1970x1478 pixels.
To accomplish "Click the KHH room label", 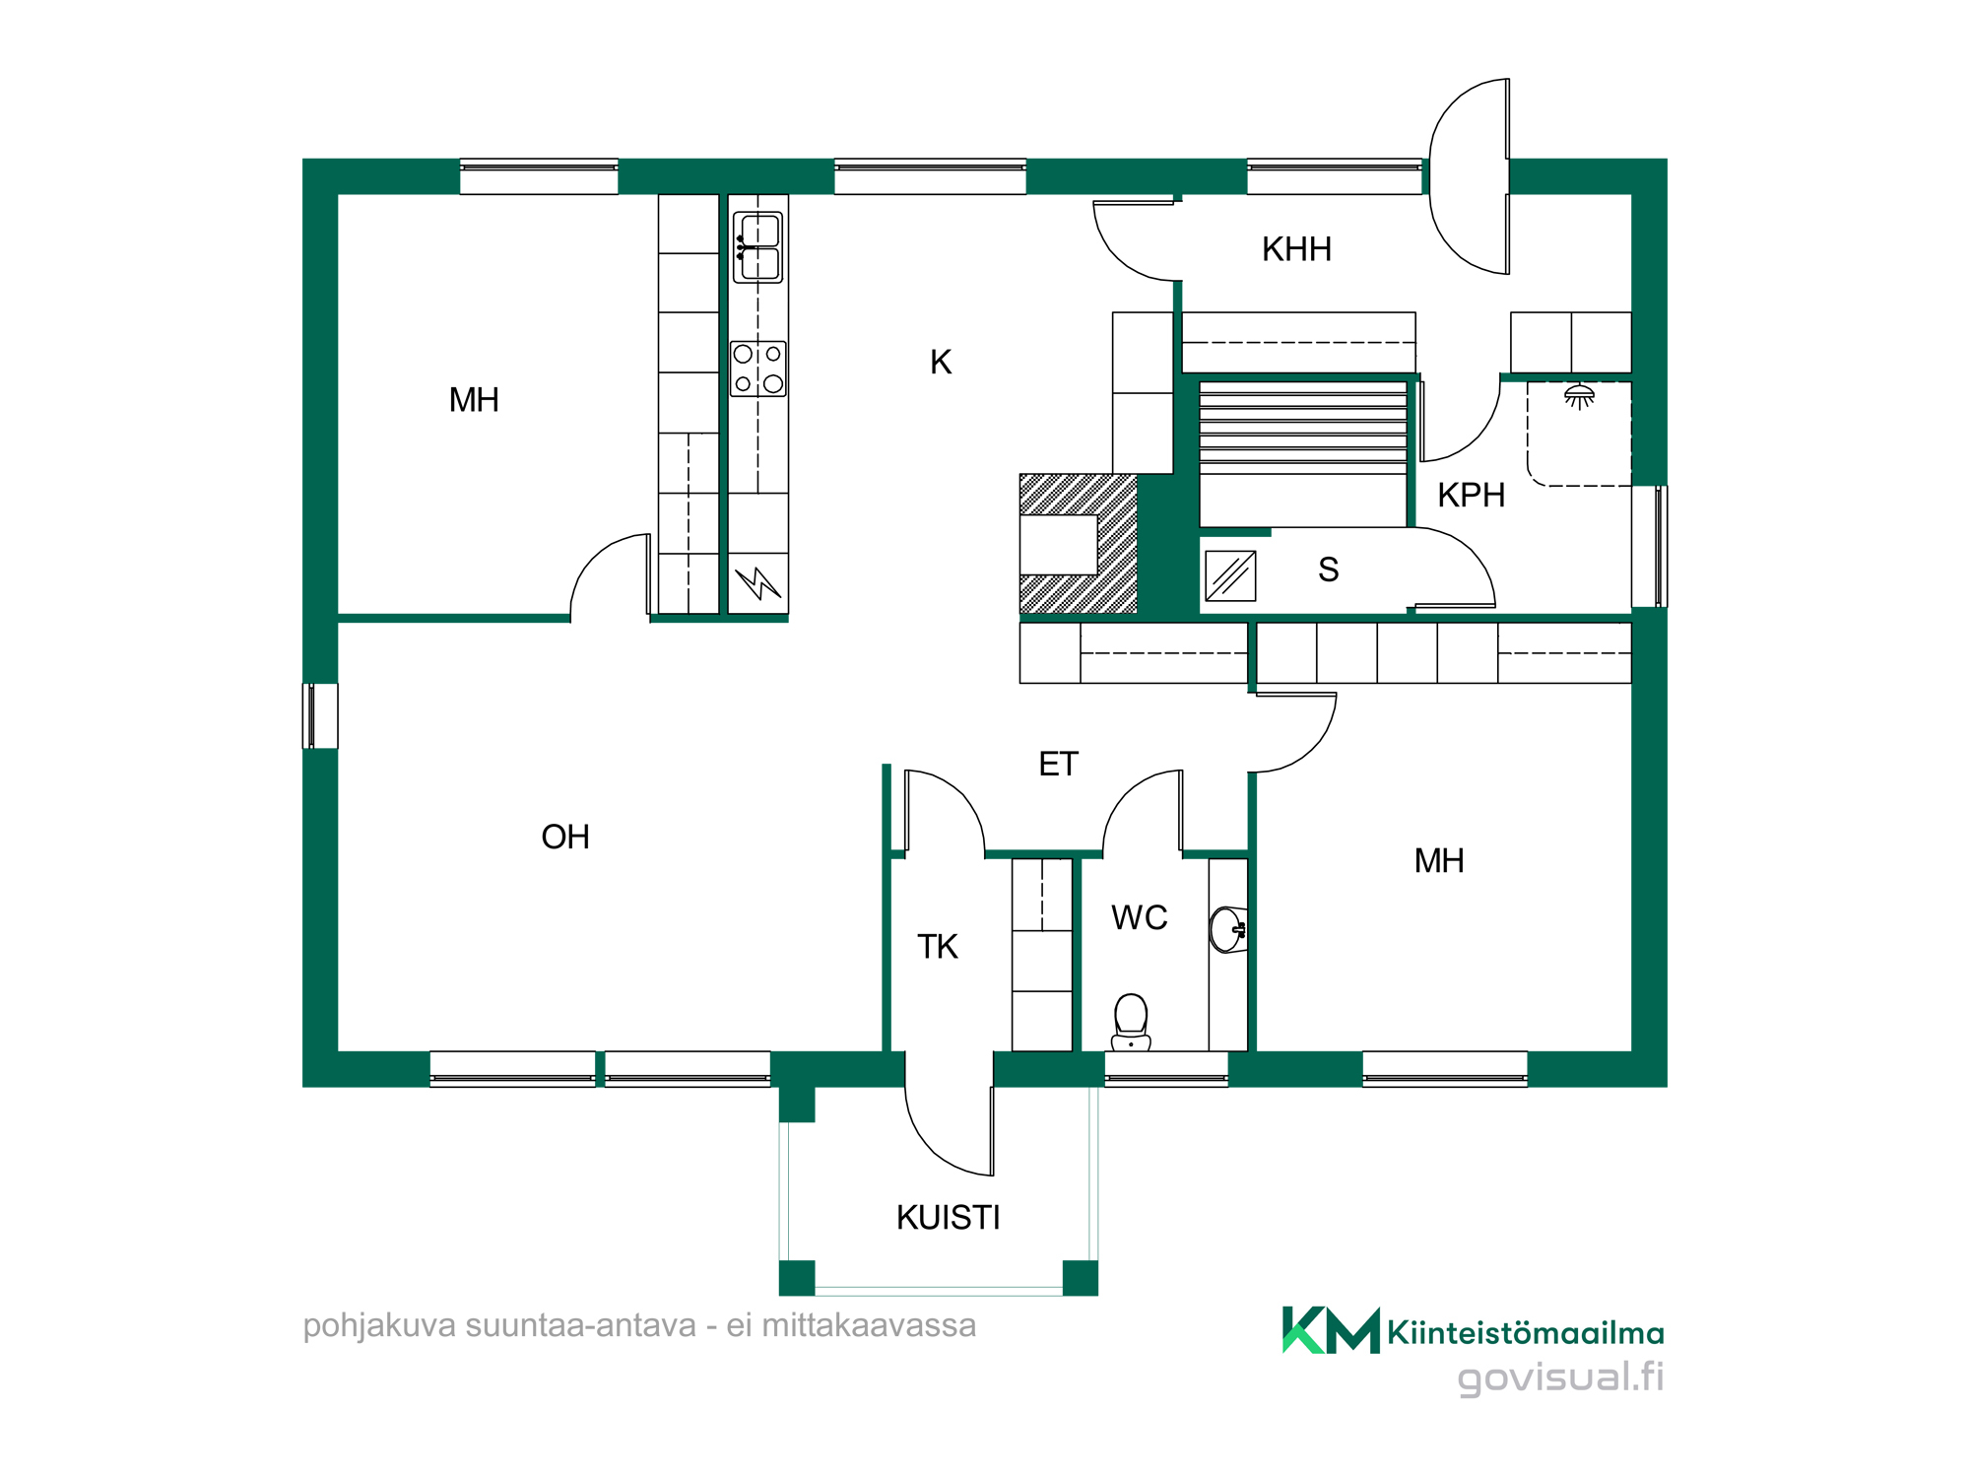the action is point(1296,249).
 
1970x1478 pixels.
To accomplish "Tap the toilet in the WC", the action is point(1131,1022).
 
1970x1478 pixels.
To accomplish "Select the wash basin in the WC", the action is point(1228,929).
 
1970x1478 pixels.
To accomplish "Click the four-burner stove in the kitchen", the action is point(757,369).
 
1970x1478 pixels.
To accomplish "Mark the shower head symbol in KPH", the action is point(1579,396).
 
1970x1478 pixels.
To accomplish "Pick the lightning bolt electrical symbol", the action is point(757,582).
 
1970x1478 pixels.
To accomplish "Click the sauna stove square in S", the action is point(1230,575).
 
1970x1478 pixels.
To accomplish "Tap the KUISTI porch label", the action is point(948,1218).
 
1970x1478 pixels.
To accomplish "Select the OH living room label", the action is point(565,837).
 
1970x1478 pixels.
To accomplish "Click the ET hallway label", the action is point(1058,764).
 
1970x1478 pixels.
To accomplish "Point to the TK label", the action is point(937,946).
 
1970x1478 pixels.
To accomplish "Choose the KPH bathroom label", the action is point(1471,495).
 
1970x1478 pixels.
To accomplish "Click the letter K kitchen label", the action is point(941,362).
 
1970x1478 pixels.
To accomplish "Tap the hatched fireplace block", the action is point(1079,544).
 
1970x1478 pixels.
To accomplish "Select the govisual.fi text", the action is point(1560,1377).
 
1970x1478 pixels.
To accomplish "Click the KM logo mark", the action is point(1331,1330).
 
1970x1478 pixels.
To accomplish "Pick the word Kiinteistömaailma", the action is point(1526,1333).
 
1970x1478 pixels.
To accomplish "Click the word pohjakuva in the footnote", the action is point(379,1326).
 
